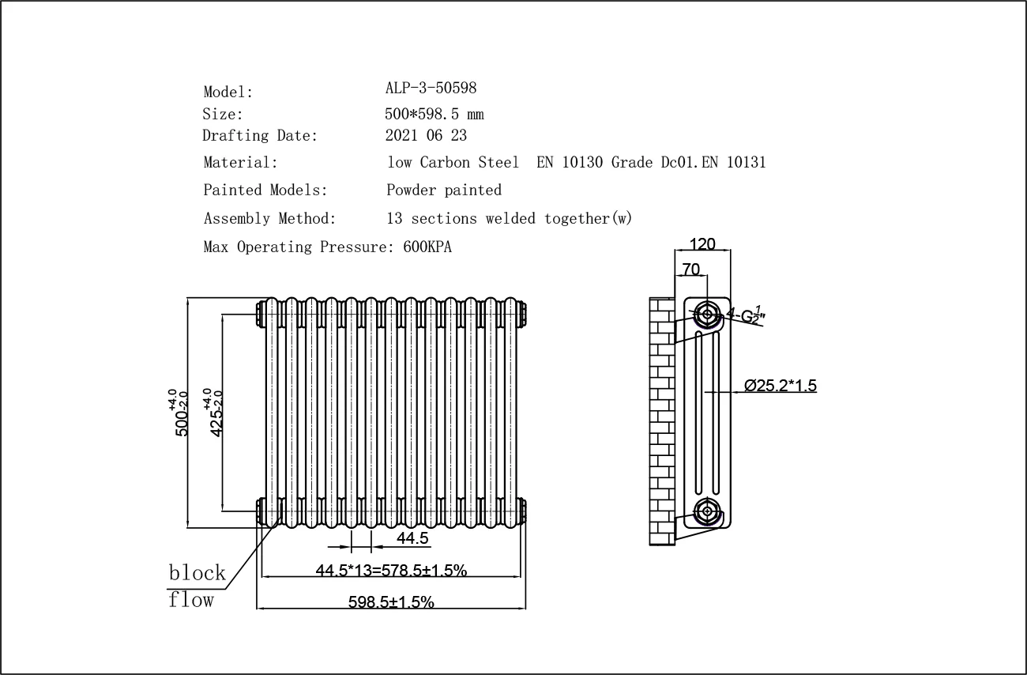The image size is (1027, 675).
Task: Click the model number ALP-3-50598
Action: pyautogui.click(x=431, y=88)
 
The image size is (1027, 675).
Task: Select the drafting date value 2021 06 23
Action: pyautogui.click(x=426, y=135)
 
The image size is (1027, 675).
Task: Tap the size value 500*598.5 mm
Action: pyautogui.click(x=434, y=114)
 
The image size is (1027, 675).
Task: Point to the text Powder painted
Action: pyautogui.click(x=444, y=190)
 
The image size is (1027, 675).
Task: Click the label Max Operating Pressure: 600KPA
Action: pyautogui.click(x=327, y=247)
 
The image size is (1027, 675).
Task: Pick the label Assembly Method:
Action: pyautogui.click(x=269, y=218)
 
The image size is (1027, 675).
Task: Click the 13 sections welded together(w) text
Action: pyautogui.click(x=510, y=218)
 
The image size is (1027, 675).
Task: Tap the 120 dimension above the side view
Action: pyautogui.click(x=702, y=244)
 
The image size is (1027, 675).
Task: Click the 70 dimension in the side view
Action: pyautogui.click(x=690, y=270)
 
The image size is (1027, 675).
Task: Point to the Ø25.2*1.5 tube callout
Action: pyautogui.click(x=780, y=386)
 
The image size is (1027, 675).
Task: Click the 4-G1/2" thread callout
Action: pyautogui.click(x=747, y=315)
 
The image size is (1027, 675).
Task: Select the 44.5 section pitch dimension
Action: pyautogui.click(x=412, y=538)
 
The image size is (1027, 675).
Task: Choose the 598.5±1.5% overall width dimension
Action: pyautogui.click(x=391, y=602)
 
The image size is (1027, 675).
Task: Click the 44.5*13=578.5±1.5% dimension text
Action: pyautogui.click(x=391, y=570)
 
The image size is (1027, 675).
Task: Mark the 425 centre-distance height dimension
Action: pyautogui.click(x=215, y=413)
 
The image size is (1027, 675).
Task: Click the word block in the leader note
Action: pyautogui.click(x=197, y=572)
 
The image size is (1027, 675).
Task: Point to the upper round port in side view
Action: pyautogui.click(x=707, y=315)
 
